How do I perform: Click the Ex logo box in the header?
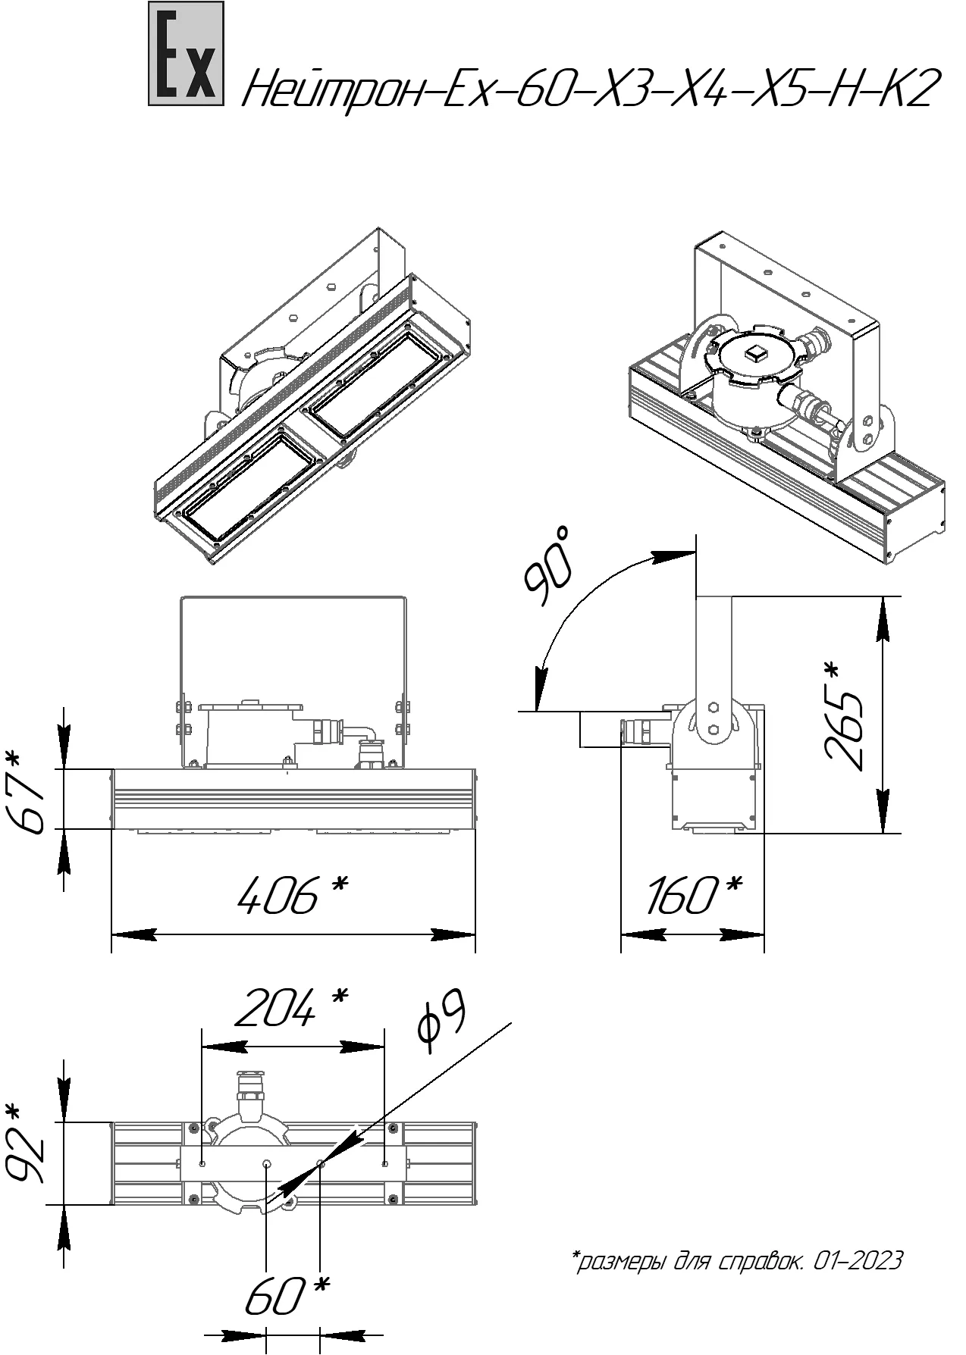(186, 53)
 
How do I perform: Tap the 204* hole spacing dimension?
(292, 1008)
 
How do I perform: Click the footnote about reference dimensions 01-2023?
(736, 1262)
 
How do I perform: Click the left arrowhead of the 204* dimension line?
(224, 1047)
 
